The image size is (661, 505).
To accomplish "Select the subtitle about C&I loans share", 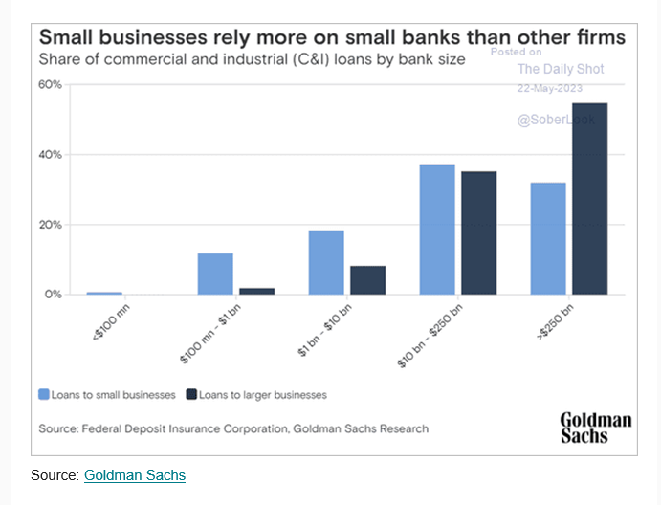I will (x=252, y=59).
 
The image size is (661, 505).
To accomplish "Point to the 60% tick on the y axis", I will (x=50, y=84).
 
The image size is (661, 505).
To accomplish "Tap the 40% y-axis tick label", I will (x=50, y=155).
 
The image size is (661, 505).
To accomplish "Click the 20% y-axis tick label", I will (x=50, y=225).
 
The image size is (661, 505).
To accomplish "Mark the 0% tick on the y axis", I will (x=52, y=295).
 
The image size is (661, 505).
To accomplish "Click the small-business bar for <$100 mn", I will (x=104, y=293).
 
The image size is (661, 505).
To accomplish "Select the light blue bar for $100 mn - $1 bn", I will (x=215, y=274).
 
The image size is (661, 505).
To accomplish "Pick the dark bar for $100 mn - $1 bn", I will (x=256, y=291).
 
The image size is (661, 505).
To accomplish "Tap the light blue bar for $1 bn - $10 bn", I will (x=326, y=262).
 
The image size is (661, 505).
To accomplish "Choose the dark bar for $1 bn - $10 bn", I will (x=367, y=280).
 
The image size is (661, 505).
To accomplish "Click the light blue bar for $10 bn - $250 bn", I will (x=437, y=230).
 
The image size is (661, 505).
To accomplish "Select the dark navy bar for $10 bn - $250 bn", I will (x=478, y=232).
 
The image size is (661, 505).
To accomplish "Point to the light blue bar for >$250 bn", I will (x=548, y=238).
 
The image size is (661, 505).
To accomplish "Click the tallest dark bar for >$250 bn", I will (x=589, y=198).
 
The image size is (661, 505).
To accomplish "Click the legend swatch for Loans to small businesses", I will (x=44, y=394).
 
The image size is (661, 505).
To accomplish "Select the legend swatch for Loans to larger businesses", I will (x=191, y=394).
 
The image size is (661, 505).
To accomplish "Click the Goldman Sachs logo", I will (x=595, y=428).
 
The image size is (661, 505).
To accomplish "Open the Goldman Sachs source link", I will (x=135, y=474).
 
